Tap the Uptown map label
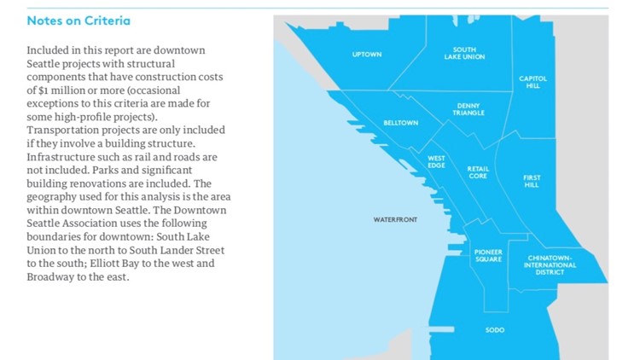tap(366, 55)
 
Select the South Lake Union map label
tap(464, 54)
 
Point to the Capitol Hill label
tap(533, 82)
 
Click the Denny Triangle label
tap(468, 109)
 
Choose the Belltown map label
tap(400, 123)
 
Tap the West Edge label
tap(436, 161)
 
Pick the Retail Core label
tap(478, 172)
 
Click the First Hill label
tap(532, 181)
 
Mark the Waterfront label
tap(395, 220)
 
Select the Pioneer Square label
tap(487, 256)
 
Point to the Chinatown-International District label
tap(550, 264)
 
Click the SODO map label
tap(494, 329)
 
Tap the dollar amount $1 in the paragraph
tap(49, 90)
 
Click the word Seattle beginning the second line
tap(45, 64)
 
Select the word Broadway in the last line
tap(53, 276)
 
